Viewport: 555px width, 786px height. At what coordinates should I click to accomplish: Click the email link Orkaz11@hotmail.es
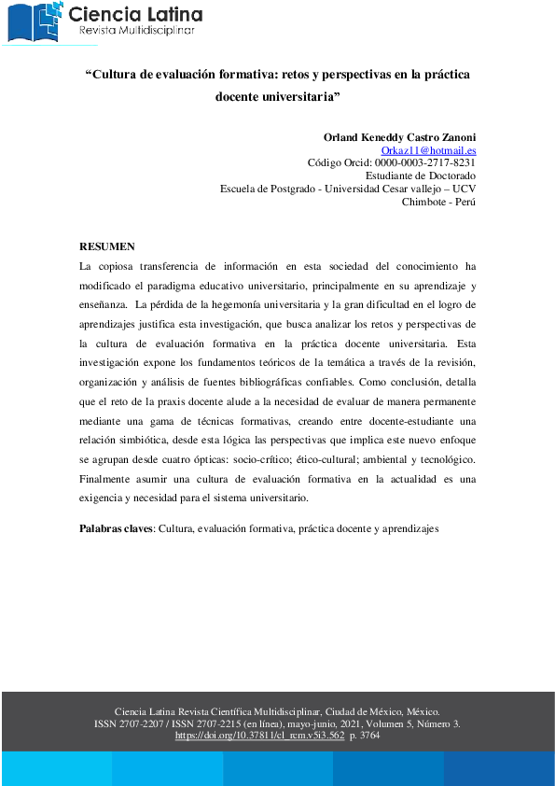click(x=429, y=149)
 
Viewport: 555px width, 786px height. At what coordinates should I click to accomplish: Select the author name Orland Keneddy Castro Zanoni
click(x=399, y=136)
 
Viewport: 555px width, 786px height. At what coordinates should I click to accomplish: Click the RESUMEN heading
click(x=106, y=246)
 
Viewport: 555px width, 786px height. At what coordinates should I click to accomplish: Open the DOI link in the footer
click(x=260, y=736)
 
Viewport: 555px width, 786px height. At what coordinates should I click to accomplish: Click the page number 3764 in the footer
click(x=369, y=736)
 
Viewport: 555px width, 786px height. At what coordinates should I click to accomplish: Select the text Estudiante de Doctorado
click(x=421, y=175)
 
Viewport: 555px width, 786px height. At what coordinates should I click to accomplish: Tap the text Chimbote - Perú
click(x=438, y=202)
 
